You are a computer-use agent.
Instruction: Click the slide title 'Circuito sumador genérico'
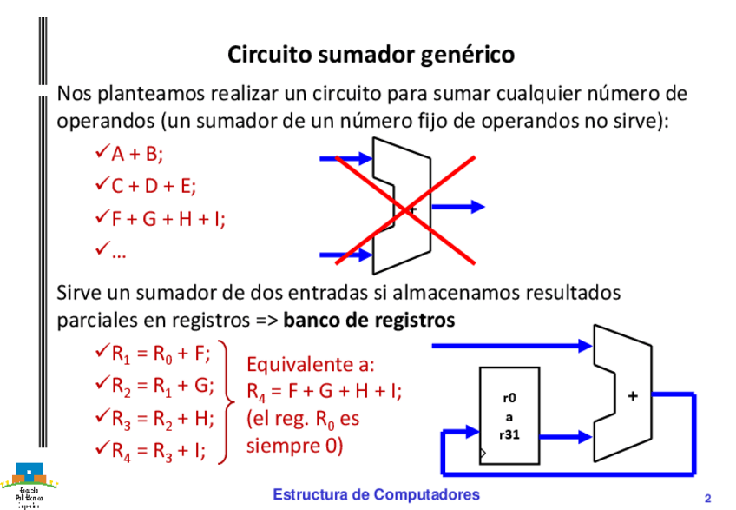pos(371,55)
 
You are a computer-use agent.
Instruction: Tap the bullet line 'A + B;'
pos(137,155)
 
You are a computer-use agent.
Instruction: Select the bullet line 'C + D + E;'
pos(154,187)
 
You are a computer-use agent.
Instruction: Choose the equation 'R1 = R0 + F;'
pos(161,354)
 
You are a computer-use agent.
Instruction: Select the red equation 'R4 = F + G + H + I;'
pos(325,391)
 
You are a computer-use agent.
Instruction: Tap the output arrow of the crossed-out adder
pos(457,207)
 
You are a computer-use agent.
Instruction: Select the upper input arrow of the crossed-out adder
pos(345,159)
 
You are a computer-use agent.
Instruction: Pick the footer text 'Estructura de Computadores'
pos(376,493)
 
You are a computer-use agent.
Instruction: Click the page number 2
pos(707,498)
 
